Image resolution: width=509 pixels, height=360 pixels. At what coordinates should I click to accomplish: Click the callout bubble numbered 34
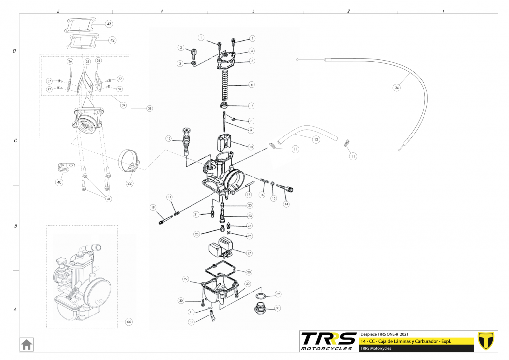pos(396,88)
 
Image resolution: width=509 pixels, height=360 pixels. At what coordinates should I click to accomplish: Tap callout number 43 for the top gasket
pos(109,24)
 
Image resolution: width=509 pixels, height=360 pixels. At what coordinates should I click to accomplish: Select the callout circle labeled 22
pos(129,183)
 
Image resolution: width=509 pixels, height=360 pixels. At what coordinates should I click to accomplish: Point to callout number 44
pos(128,322)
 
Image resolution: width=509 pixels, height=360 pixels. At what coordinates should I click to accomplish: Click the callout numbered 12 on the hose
pos(316,139)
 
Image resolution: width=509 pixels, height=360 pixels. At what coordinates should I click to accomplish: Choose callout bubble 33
pos(277,308)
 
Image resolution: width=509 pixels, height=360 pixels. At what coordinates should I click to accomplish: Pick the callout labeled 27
pos(249,253)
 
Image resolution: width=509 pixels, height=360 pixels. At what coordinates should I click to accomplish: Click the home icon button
pos(26,344)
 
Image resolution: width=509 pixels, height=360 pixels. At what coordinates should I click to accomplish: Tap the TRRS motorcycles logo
pos(329,341)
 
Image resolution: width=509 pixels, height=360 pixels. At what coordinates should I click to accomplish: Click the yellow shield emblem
pos(487,341)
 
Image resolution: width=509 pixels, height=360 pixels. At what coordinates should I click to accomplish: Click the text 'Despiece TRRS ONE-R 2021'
pos(385,334)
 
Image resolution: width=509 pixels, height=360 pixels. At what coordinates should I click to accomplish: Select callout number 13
pos(169,139)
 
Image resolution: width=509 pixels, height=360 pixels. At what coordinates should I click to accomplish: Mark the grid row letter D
pos(15,51)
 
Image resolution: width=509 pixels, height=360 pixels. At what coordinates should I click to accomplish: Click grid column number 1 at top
pos(443,11)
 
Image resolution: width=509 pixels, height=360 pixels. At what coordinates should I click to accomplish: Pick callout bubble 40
pos(59,182)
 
